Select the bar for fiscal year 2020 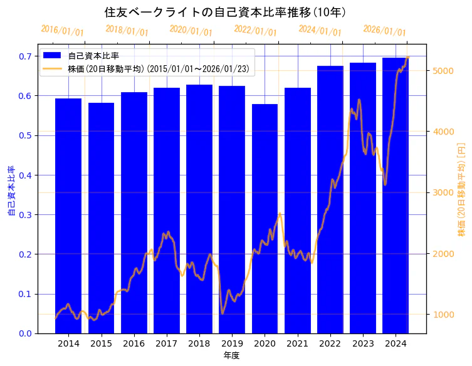pos(265,219)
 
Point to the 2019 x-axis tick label pos(232,343)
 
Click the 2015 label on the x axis pos(101,343)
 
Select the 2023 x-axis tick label pos(363,343)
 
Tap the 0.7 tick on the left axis pos(25,56)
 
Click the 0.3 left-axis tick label pos(25,215)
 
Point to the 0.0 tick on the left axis pos(25,333)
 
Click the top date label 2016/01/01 pos(62,31)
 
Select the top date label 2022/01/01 pos(255,31)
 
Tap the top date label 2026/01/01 pos(384,31)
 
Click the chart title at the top pos(225,12)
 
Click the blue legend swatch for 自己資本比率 pos(53,56)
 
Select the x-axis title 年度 pos(231,355)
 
